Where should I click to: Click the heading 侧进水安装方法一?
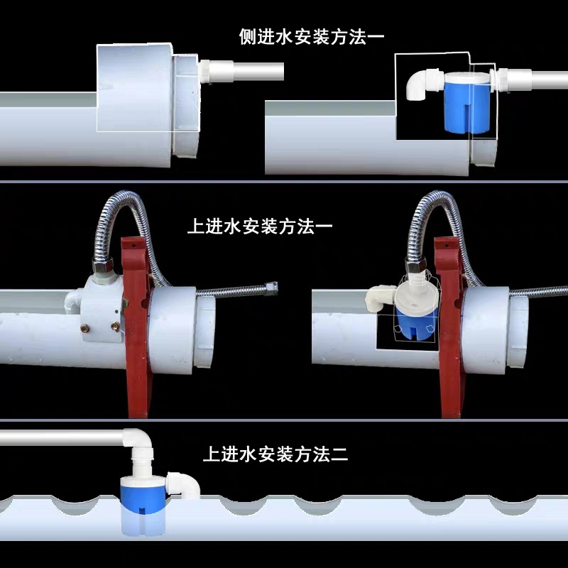312,38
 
